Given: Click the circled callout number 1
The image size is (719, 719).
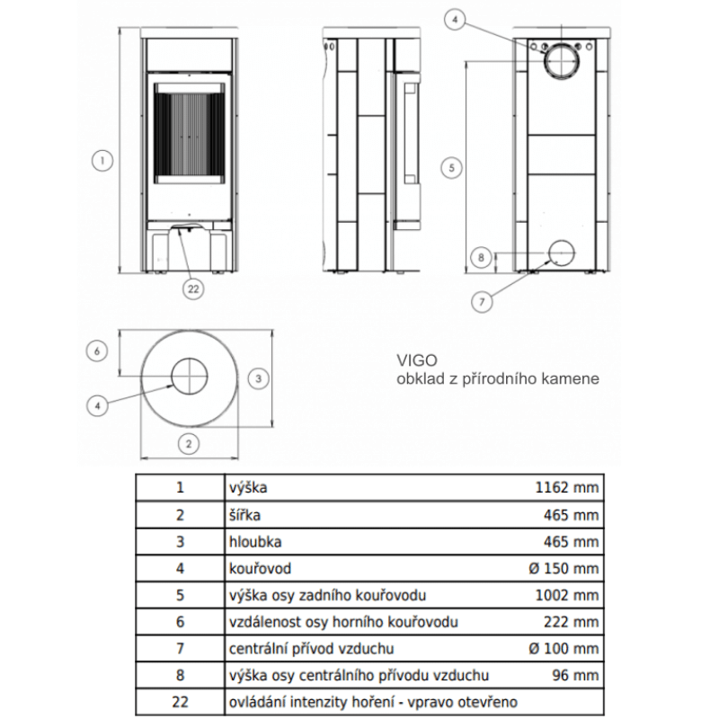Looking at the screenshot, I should coord(104,163).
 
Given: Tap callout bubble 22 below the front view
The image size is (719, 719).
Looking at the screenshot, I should coord(191,288).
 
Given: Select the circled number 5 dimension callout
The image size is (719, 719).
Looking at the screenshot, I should coord(455,166).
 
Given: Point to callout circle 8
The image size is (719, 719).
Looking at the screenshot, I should coord(482,259).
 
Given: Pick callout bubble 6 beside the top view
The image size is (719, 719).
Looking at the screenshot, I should coord(100,351).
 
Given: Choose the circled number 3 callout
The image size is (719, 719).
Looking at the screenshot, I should coord(258,379).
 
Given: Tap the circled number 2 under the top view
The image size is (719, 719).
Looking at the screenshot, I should coord(188,443).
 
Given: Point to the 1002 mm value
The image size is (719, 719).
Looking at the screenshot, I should coord(567,595).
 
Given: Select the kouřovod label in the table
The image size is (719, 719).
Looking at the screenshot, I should coord(261,569).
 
